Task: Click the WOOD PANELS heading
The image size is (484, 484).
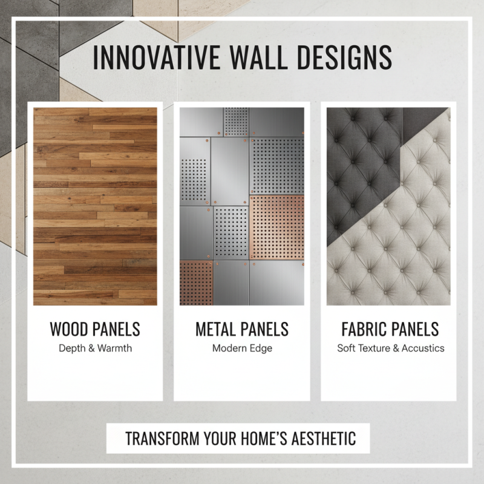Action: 95,330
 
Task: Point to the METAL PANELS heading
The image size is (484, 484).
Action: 242,330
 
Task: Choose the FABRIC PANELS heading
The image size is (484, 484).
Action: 389,330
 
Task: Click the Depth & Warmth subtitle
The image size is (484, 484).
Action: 95,348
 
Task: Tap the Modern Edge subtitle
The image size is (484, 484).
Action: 242,348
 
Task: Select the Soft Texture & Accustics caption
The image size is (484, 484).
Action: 391,348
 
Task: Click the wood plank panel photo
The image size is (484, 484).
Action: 95,206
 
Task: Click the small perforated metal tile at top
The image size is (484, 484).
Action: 236,122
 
